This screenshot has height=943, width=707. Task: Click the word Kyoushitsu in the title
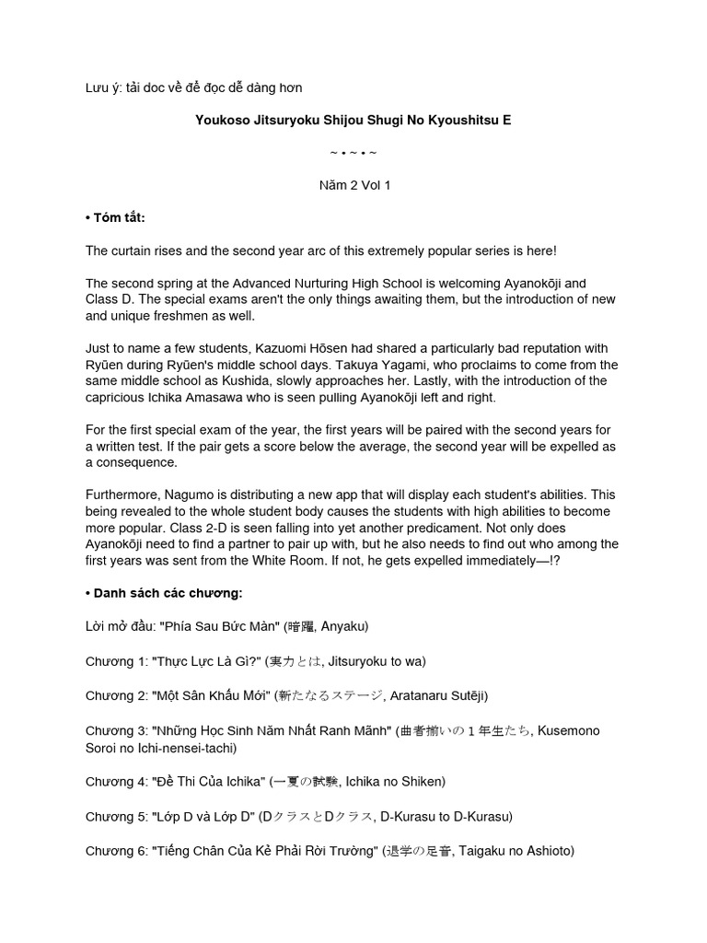click(458, 121)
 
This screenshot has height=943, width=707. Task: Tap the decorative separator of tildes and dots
click(353, 152)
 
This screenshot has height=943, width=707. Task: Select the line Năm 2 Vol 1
click(353, 185)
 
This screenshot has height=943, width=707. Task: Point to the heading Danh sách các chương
click(164, 592)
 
